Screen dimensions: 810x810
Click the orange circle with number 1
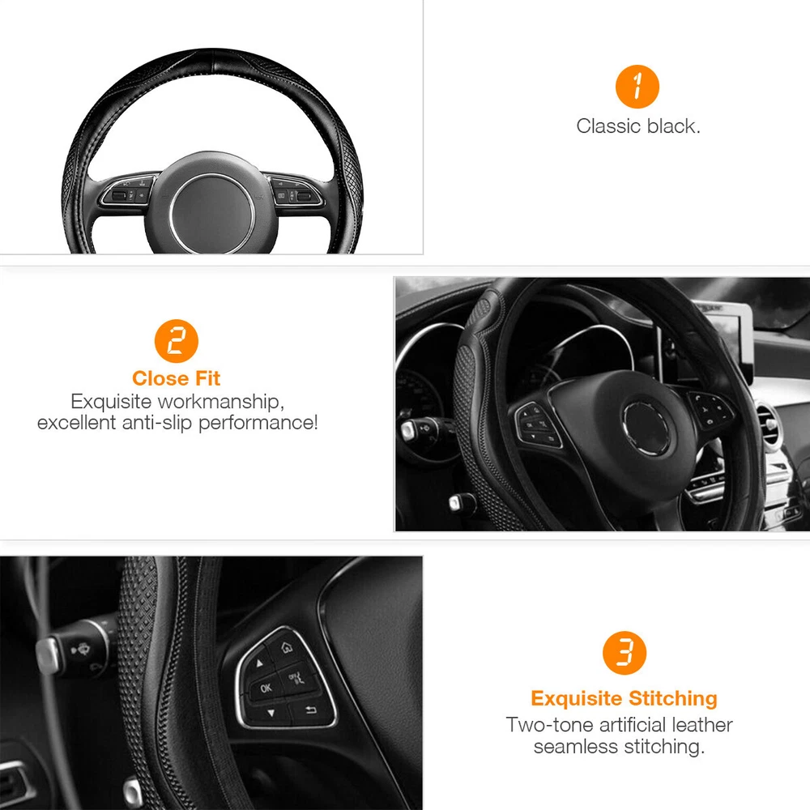pos(637,87)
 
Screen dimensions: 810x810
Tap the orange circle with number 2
pos(176,341)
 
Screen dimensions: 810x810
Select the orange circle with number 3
pos(624,652)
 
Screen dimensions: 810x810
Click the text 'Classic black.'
pos(638,126)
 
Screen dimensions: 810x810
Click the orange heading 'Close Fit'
pos(176,378)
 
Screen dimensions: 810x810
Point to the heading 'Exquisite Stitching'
pos(624,698)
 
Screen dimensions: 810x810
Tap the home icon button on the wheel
pos(286,647)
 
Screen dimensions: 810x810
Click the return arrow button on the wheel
pos(310,710)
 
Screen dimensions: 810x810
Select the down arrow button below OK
pos(271,714)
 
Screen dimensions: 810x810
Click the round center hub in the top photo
pos(211,212)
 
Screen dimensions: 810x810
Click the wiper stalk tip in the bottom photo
pos(47,654)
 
